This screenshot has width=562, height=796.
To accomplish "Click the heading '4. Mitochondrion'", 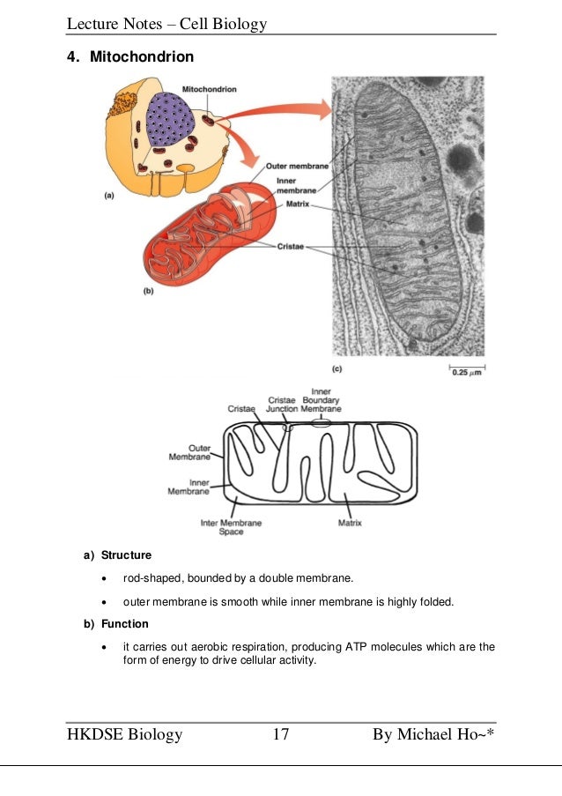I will pyautogui.click(x=129, y=57).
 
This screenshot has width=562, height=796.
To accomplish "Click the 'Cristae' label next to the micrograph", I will pyautogui.click(x=290, y=247).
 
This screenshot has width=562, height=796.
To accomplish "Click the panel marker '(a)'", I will pyautogui.click(x=109, y=197).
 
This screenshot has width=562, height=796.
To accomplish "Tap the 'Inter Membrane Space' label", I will pyautogui.click(x=231, y=527).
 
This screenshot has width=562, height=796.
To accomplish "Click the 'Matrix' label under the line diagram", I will pyautogui.click(x=350, y=523).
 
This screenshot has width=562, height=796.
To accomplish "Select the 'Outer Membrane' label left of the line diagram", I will pyautogui.click(x=189, y=452).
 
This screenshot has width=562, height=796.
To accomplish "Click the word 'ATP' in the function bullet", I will pyautogui.click(x=348, y=647).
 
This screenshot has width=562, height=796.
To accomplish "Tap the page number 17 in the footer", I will pyautogui.click(x=281, y=735).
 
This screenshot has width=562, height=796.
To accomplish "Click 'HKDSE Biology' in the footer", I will pyautogui.click(x=124, y=735).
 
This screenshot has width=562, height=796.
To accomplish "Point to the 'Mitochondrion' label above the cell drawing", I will pyautogui.click(x=208, y=89).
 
